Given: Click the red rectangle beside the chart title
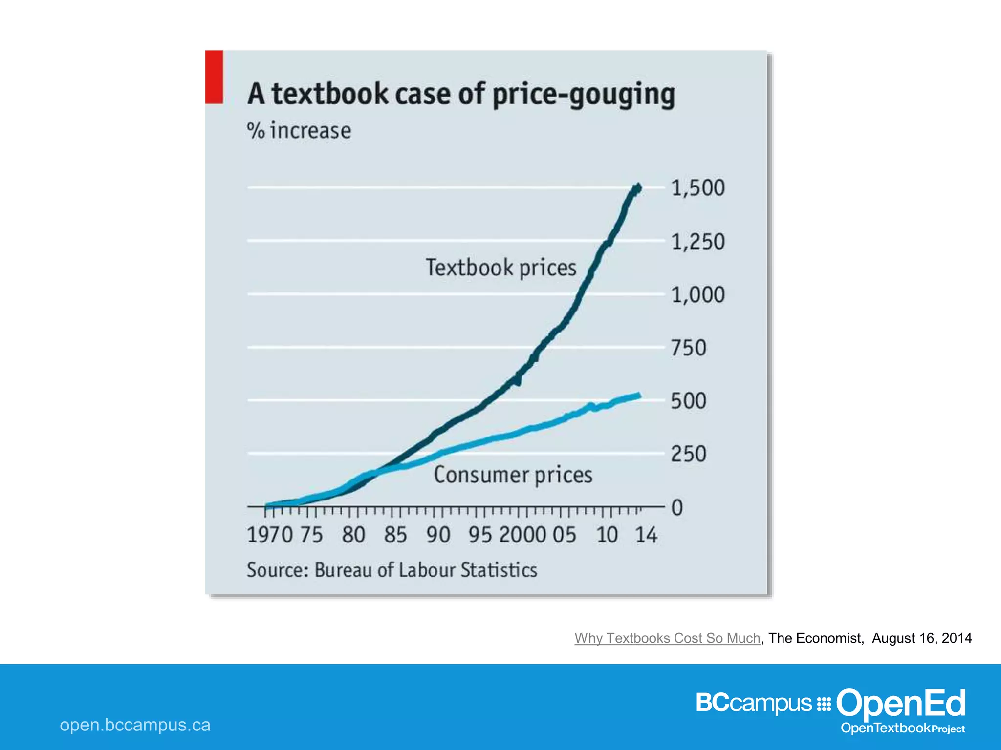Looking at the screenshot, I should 214,77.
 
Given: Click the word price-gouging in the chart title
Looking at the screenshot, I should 584,94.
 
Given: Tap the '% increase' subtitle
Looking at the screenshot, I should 299,131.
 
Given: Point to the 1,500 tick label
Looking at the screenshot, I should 697,188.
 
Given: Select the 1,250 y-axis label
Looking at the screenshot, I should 697,242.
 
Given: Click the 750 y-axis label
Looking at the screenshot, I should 688,348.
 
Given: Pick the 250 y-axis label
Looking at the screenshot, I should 688,454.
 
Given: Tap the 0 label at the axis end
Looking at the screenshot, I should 677,508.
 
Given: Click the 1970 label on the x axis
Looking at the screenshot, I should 270,535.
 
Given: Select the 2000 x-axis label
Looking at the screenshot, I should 522,535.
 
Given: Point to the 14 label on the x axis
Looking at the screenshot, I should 646,535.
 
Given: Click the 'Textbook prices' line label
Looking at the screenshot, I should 501,268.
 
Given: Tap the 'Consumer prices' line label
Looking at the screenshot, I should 513,475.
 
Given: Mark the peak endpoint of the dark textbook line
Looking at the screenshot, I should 637,188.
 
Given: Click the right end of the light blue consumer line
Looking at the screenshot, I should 638,396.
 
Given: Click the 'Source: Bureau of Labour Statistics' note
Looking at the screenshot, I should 392,570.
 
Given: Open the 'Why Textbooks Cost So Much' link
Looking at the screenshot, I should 667,638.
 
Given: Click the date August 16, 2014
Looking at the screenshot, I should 922,638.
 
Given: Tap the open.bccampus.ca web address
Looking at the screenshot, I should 135,725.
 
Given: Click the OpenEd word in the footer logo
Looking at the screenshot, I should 900,703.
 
